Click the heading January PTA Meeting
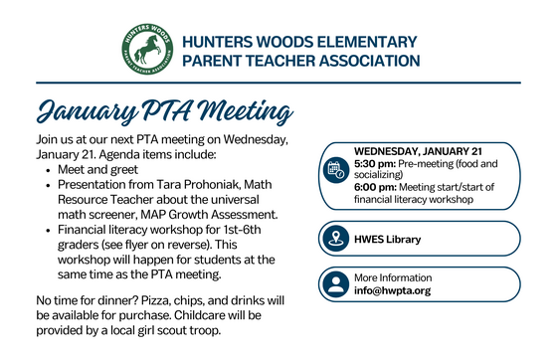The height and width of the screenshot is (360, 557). coord(163,107)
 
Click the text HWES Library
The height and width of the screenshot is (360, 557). coord(388,239)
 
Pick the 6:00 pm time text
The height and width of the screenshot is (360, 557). coord(375,187)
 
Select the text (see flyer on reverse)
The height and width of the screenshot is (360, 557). coord(150,245)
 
